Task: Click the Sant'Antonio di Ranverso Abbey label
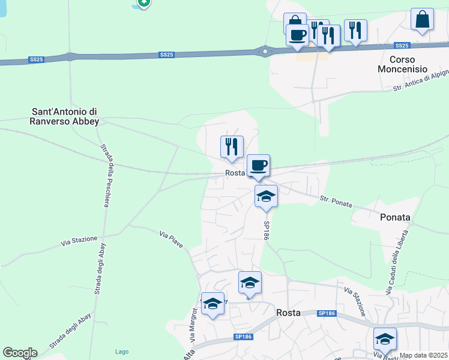tap(65, 116)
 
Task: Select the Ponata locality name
tap(395, 217)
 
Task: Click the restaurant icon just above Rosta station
tap(231, 146)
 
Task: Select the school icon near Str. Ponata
tap(266, 196)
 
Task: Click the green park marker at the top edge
tap(143, 2)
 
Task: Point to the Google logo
tap(20, 353)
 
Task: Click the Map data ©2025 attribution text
tap(424, 355)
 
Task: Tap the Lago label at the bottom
tap(121, 352)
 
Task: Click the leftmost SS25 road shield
tap(37, 59)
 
